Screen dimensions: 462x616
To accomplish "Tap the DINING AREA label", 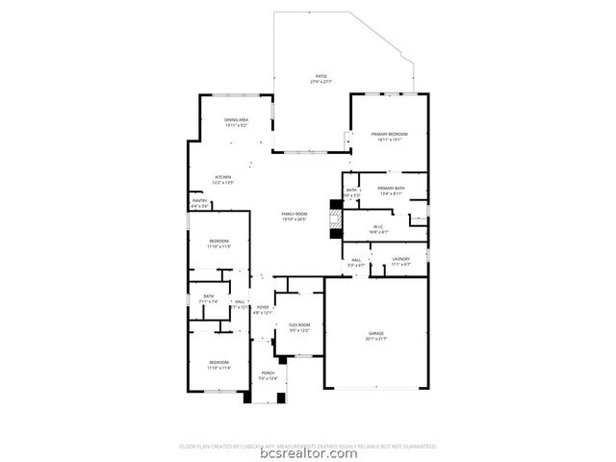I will click(237, 120).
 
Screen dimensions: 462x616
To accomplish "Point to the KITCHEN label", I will click(223, 177).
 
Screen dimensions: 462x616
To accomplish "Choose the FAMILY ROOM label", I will click(294, 213).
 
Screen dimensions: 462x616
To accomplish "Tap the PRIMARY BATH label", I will click(391, 189).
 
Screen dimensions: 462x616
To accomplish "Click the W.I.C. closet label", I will click(379, 226).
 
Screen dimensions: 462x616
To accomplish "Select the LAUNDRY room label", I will click(401, 258).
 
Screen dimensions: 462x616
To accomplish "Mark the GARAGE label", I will click(376, 333).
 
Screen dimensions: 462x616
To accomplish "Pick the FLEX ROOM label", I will click(299, 325).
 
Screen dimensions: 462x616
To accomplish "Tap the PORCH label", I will click(268, 372).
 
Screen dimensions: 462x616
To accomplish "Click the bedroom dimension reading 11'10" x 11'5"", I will click(219, 247).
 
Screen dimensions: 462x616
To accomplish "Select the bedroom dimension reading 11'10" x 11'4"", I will click(219, 368).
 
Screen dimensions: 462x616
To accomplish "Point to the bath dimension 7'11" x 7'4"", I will click(209, 301).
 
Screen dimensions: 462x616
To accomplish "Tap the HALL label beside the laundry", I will click(355, 259).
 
